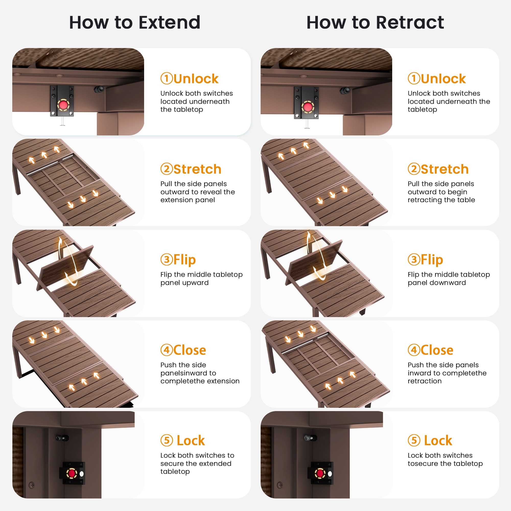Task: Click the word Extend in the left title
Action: (169, 22)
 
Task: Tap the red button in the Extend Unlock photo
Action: (63, 105)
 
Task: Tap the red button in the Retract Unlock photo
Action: (308, 107)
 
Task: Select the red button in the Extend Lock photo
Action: (72, 473)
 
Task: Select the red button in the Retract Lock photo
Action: (320, 473)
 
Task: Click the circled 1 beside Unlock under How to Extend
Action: (167, 78)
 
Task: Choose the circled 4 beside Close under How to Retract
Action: (414, 350)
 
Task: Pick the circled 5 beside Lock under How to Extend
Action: (167, 440)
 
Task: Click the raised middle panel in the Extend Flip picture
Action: (66, 267)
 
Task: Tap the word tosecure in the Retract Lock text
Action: (423, 464)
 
